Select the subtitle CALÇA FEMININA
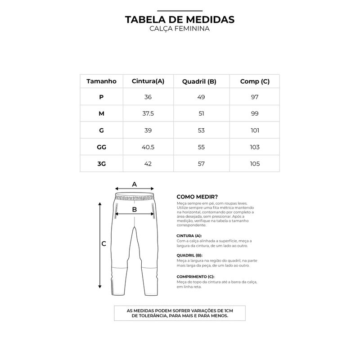[x=180, y=28]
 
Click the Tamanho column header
[x=101, y=81]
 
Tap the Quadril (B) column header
[x=199, y=81]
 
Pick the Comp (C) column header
[x=255, y=81]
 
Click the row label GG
[x=101, y=147]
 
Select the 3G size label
[x=101, y=164]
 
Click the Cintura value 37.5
[x=148, y=114]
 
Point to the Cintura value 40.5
[x=148, y=147]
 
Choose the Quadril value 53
[x=201, y=130]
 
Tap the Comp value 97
[x=255, y=97]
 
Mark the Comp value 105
[x=255, y=164]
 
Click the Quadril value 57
[x=201, y=164]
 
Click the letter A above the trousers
[x=134, y=184]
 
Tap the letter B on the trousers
[x=134, y=209]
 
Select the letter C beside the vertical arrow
[x=103, y=244]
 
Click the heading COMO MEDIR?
[x=198, y=197]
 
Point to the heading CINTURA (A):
[x=189, y=236]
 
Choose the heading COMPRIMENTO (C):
[x=195, y=276]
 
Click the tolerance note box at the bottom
[x=180, y=313]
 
